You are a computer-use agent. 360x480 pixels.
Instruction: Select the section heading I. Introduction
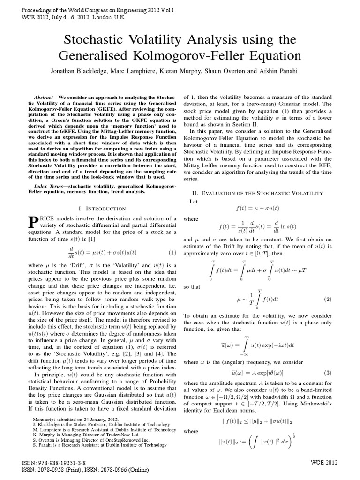(102, 208)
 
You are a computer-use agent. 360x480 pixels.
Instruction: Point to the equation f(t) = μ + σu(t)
(259, 205)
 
